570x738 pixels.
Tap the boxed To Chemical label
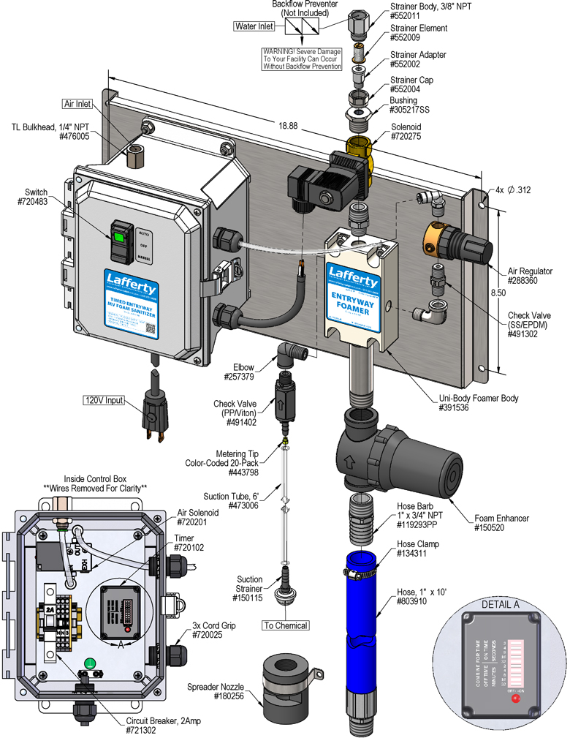(286, 625)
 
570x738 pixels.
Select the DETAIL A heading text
(500, 605)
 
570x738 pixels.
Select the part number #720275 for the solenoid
(410, 146)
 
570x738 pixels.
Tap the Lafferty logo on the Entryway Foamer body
(353, 272)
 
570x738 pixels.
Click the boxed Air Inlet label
(77, 104)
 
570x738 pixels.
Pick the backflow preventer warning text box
(303, 59)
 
